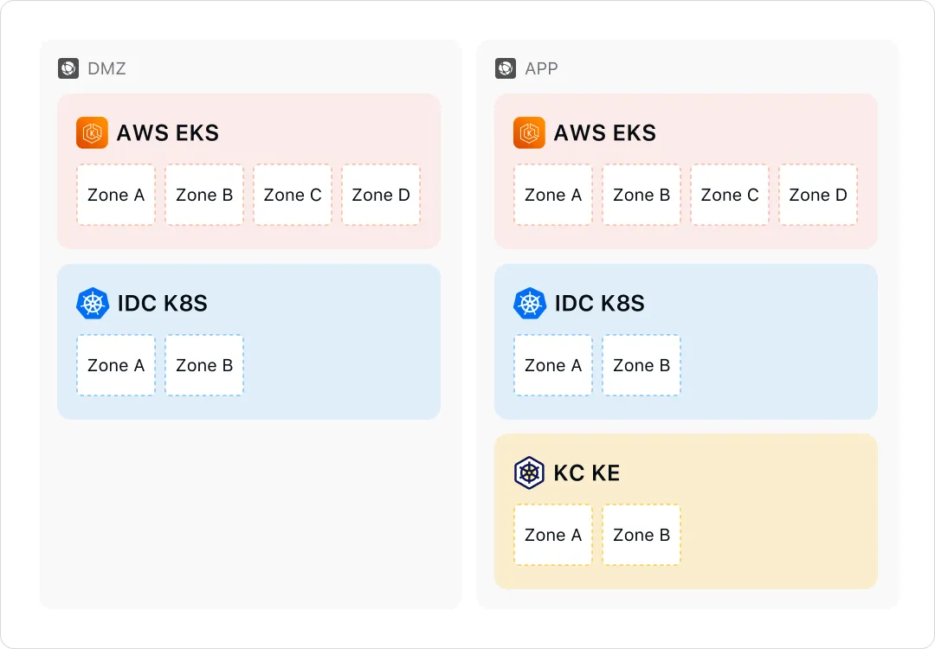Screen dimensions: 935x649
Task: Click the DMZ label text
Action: pyautogui.click(x=106, y=68)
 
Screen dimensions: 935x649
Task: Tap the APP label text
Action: pyautogui.click(x=541, y=68)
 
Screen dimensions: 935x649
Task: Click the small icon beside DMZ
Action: pyautogui.click(x=68, y=68)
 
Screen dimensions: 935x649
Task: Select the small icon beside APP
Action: pyautogui.click(x=506, y=68)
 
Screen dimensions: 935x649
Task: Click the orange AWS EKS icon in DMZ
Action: pyautogui.click(x=92, y=132)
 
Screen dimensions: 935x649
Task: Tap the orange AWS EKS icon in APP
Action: pyautogui.click(x=529, y=132)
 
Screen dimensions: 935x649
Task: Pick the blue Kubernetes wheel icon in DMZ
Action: pyautogui.click(x=93, y=304)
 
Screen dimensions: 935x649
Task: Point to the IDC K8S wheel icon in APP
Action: pyautogui.click(x=530, y=304)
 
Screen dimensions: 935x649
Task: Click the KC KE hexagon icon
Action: pyautogui.click(x=530, y=473)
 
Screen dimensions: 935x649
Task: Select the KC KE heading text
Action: pyautogui.click(x=587, y=473)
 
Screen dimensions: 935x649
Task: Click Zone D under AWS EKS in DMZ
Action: pyautogui.click(x=381, y=195)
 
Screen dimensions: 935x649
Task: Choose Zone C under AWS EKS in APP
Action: pyautogui.click(x=730, y=195)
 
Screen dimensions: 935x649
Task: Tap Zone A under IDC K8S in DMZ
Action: pyautogui.click(x=116, y=365)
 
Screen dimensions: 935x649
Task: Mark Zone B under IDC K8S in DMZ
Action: pyautogui.click(x=204, y=365)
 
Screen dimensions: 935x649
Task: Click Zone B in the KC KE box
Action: pyautogui.click(x=642, y=535)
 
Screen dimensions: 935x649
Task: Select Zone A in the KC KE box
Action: pyautogui.click(x=553, y=535)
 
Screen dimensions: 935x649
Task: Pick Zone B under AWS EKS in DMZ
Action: pyautogui.click(x=204, y=195)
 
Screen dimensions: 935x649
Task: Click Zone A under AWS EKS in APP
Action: pyautogui.click(x=553, y=195)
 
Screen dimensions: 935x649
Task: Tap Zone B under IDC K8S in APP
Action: pyautogui.click(x=642, y=365)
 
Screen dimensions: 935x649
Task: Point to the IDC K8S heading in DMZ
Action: pyautogui.click(x=162, y=304)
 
